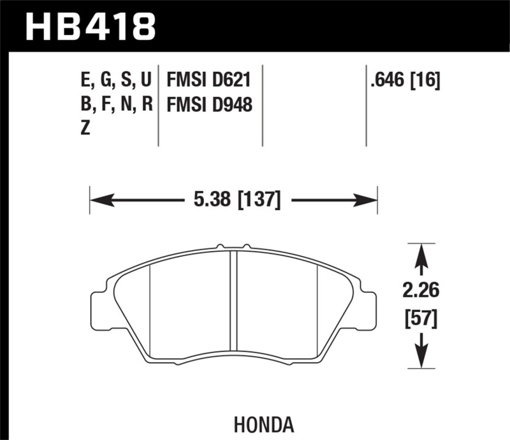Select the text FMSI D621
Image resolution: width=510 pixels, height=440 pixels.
(208, 80)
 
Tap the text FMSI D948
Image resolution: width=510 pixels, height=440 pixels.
(208, 104)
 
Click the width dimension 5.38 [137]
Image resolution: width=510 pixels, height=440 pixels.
(235, 201)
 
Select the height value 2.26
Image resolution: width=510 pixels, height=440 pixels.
(420, 290)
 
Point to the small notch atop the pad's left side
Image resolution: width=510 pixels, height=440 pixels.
(219, 246)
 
